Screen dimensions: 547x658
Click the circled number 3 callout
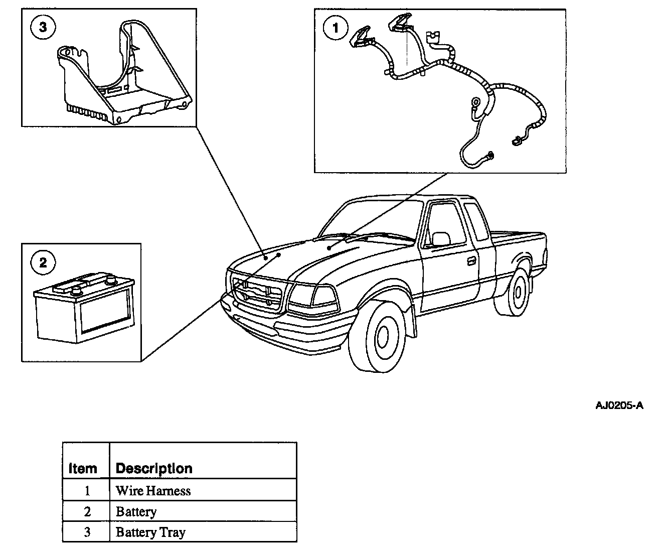point(43,28)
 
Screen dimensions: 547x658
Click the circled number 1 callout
point(336,28)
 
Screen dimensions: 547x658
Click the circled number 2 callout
point(43,262)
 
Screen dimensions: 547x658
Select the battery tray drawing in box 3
point(123,75)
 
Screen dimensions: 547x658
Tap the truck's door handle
point(471,261)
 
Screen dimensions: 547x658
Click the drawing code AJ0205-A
point(619,405)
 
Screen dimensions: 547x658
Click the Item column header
point(83,468)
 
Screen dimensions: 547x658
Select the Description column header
point(154,468)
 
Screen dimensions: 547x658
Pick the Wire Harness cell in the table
point(153,490)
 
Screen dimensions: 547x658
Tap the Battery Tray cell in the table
point(150,532)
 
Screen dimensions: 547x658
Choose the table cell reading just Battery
point(136,511)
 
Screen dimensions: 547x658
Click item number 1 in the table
point(86,490)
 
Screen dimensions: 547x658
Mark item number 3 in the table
point(86,532)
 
